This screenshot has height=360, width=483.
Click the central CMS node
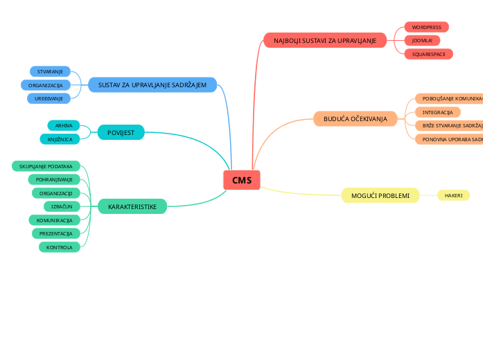[242, 180]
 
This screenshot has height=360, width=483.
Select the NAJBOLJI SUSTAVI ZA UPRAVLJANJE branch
[325, 41]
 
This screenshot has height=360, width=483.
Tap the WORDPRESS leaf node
[426, 27]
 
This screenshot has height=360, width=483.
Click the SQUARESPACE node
[428, 53]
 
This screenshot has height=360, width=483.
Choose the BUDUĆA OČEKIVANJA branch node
[355, 119]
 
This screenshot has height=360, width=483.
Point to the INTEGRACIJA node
[437, 112]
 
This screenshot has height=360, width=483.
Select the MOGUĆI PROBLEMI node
[380, 196]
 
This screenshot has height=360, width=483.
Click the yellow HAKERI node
[453, 196]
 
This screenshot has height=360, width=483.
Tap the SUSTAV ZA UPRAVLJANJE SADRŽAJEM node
[152, 84]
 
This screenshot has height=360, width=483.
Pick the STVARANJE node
[50, 71]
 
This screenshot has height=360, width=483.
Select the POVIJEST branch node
[121, 132]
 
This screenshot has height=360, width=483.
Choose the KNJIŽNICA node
[60, 139]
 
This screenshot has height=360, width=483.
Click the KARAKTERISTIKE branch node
[132, 206]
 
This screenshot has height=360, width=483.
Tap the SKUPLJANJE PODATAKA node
[46, 166]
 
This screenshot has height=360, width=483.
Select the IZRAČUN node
[62, 206]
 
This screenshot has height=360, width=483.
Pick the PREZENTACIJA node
[55, 233]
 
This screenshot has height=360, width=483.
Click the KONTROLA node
[60, 247]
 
